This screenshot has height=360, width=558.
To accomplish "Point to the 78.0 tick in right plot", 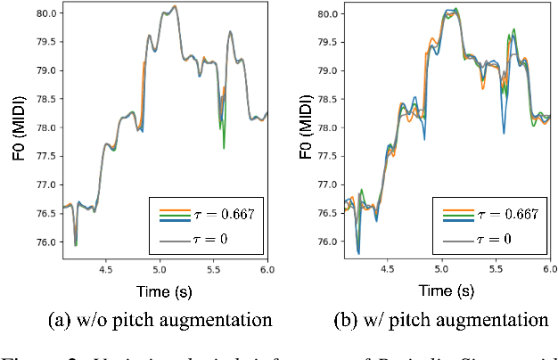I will tap(326, 127).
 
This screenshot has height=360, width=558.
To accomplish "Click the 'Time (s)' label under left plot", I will tap(164, 290).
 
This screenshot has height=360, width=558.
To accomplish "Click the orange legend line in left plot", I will tap(174, 209).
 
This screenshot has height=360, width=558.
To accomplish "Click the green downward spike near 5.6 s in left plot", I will tap(224, 145).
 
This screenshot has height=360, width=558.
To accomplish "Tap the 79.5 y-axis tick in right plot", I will tap(326, 42).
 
